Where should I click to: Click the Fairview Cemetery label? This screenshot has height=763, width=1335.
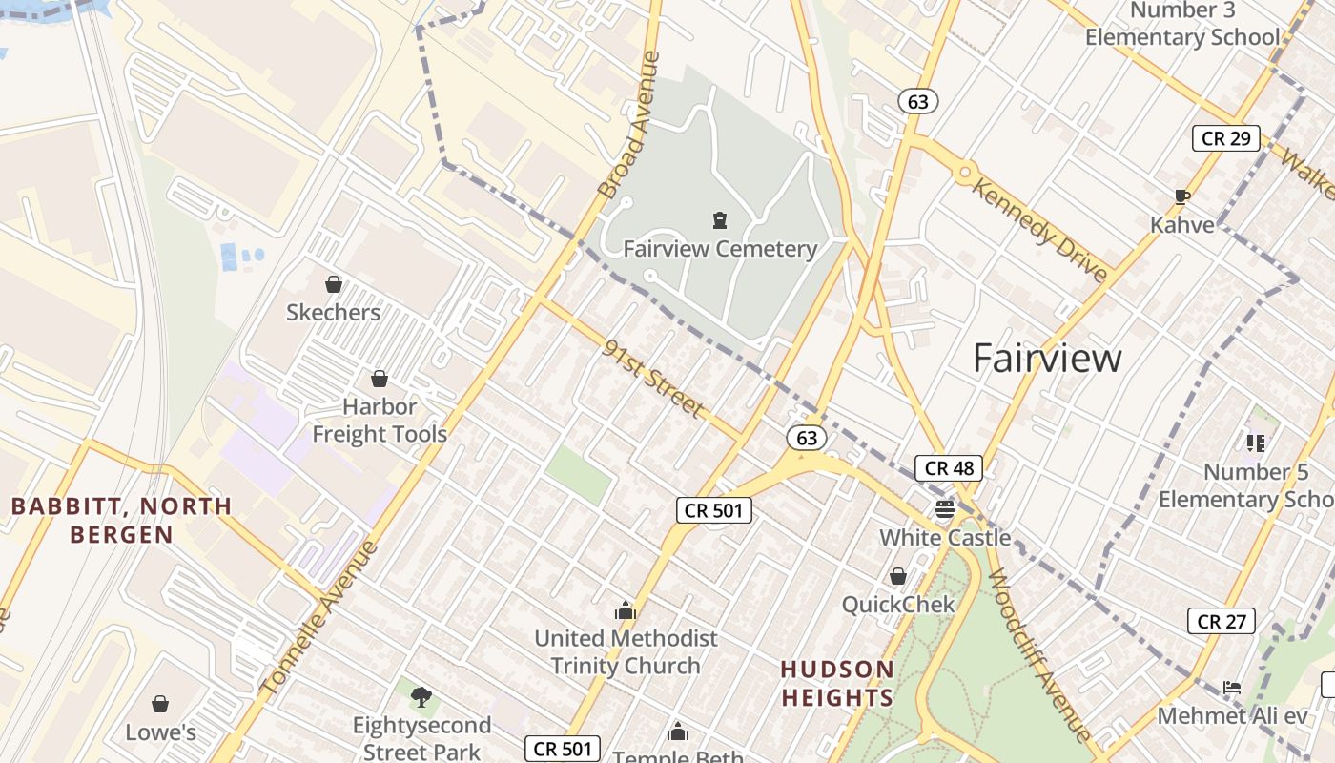[720, 249]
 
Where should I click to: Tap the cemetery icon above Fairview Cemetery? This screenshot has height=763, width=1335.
[720, 221]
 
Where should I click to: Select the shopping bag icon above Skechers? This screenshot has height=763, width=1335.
[334, 284]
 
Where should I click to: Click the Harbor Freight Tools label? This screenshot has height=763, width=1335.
[380, 421]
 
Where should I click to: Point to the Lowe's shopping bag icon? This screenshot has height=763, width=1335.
[160, 705]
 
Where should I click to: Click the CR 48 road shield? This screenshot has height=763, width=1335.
[949, 468]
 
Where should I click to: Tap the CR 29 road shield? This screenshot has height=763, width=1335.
[1225, 138]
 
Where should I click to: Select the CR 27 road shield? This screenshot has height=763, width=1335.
[1222, 622]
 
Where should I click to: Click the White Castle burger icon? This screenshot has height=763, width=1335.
[945, 509]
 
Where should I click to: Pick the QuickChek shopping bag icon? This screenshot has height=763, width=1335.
[897, 576]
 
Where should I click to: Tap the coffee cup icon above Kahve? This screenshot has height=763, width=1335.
[1182, 197]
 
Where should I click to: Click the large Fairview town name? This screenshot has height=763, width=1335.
[1047, 359]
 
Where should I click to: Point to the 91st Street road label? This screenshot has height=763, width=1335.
[654, 379]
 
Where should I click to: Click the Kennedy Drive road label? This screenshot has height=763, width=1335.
[1040, 229]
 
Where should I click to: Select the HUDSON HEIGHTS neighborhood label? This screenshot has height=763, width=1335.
[838, 683]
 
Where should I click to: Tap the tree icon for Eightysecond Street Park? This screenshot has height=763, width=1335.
[421, 697]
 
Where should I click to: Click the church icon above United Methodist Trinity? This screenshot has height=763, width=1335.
[626, 610]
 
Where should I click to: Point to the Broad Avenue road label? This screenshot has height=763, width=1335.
[629, 124]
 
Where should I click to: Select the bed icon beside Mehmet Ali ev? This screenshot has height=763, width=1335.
[1232, 688]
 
